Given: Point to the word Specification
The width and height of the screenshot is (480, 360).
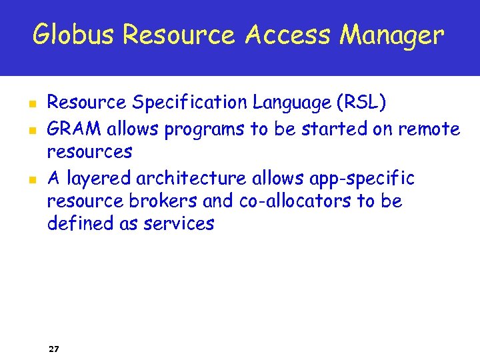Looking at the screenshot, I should (x=190, y=103).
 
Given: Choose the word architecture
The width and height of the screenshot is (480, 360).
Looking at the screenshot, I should (x=190, y=179).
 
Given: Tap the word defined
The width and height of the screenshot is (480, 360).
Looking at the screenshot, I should (x=72, y=224).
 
